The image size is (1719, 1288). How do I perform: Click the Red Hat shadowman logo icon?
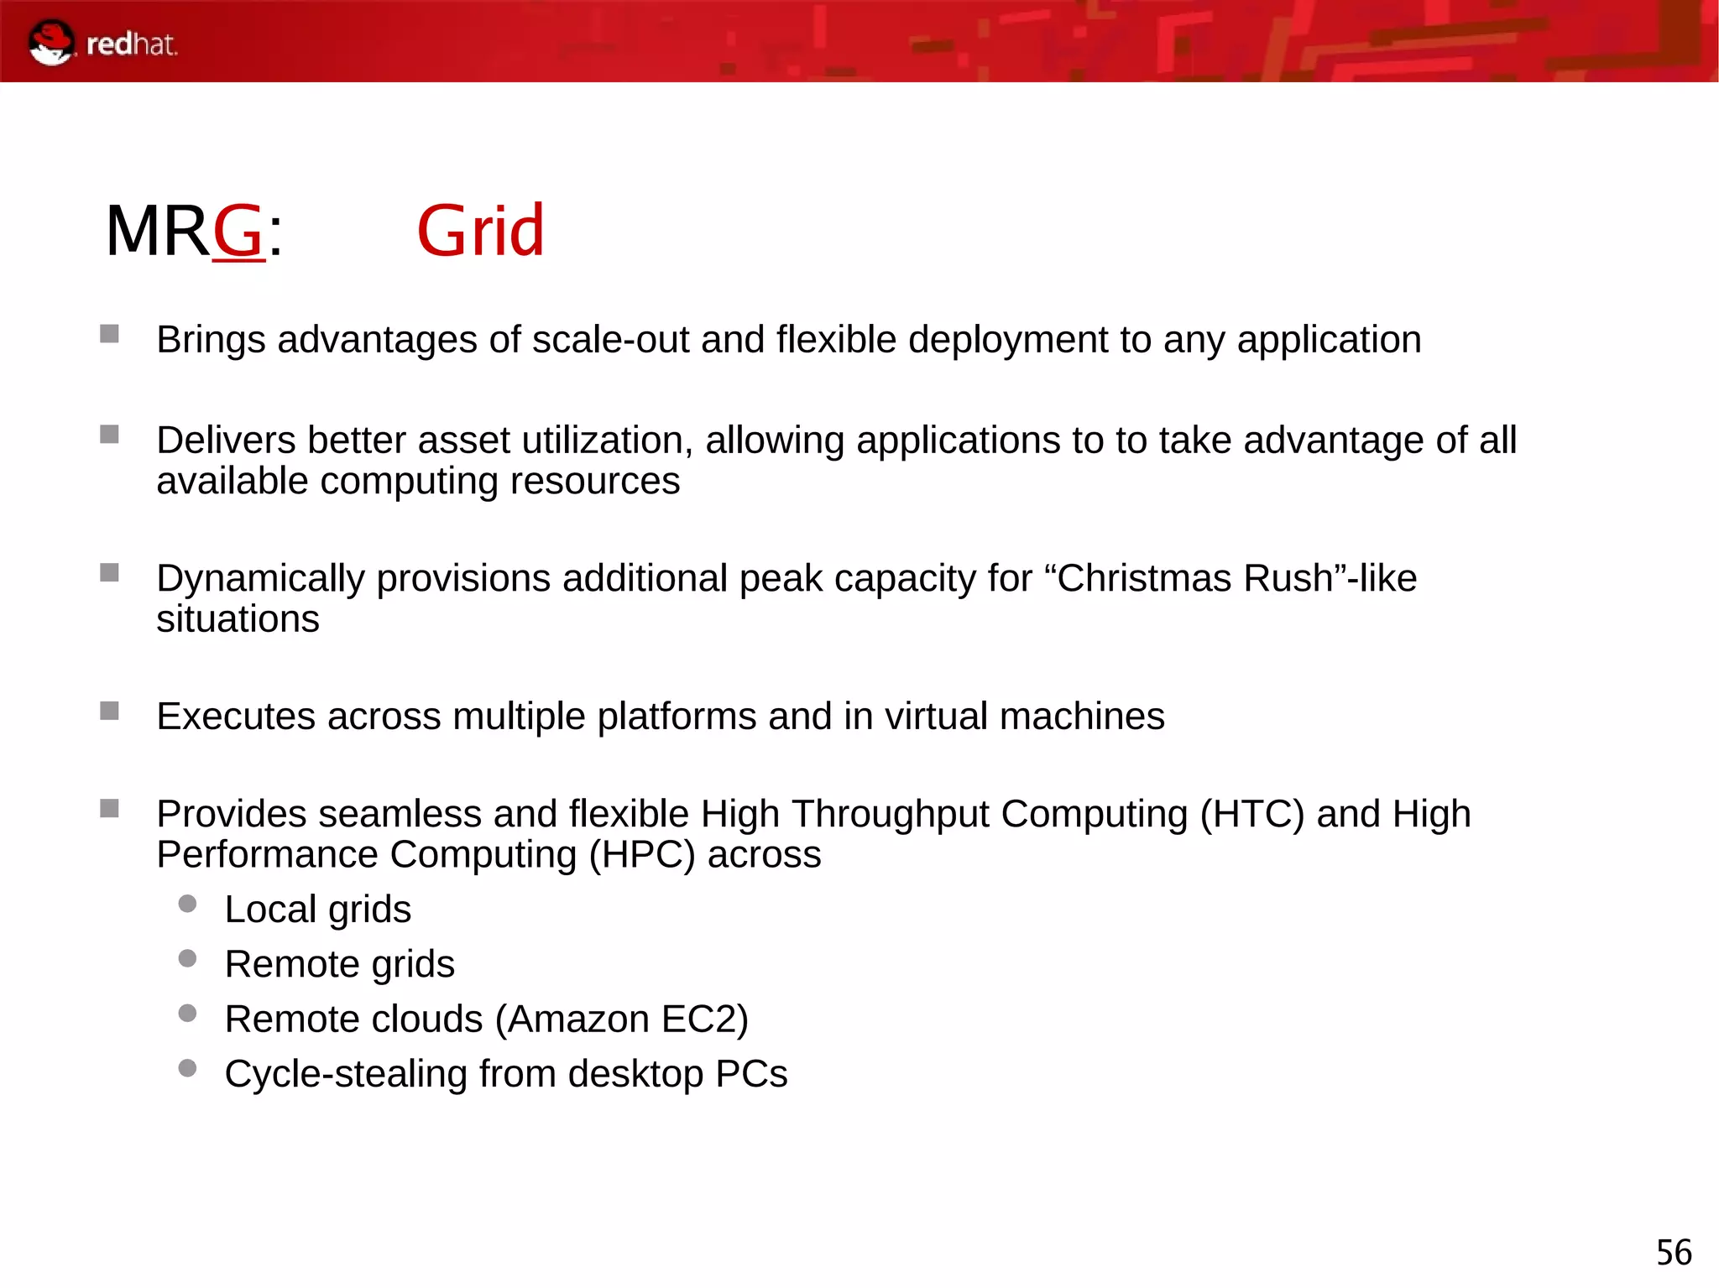51,43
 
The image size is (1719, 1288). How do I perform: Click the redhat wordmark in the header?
132,44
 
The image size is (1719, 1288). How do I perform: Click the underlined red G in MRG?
238,231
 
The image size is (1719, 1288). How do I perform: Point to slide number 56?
1673,1253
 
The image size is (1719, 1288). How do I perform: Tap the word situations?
238,619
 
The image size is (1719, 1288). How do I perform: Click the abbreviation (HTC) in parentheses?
1251,814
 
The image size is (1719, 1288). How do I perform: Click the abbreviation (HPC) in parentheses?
641,855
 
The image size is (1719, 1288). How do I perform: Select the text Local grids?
317,910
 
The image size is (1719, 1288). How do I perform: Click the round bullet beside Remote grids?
187,958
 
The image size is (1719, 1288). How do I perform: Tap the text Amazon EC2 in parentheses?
621,1019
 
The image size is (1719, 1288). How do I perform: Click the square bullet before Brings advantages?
109,334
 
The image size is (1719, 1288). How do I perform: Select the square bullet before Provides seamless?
109,808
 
